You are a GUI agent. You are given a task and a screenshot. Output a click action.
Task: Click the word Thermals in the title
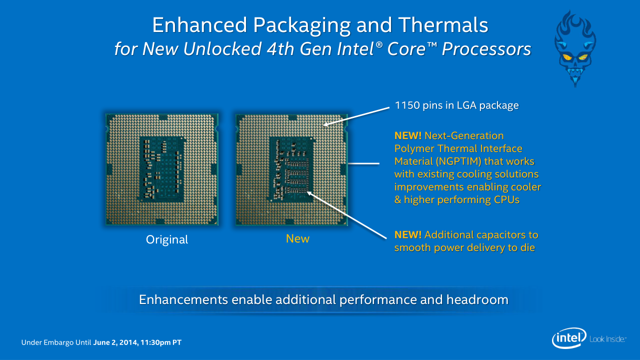[x=443, y=25]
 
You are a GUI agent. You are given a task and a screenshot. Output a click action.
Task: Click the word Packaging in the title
[x=301, y=25]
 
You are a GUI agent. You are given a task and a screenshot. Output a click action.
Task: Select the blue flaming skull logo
[x=575, y=48]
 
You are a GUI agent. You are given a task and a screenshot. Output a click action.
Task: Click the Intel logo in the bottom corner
[x=569, y=338]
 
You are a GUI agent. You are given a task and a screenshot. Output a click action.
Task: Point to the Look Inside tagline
[x=607, y=339]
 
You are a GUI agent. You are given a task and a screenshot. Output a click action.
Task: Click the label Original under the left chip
[x=167, y=239]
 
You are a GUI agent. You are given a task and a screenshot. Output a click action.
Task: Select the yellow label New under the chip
[x=297, y=238]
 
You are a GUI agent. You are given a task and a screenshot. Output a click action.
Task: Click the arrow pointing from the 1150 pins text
[x=356, y=116]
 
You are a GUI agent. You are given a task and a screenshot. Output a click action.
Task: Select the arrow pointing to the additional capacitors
[x=346, y=215]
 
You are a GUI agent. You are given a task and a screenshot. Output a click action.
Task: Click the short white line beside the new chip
[x=363, y=163]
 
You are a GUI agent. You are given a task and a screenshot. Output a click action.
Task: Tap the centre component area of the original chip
[x=161, y=169]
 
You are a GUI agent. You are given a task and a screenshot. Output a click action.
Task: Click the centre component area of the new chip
[x=291, y=169]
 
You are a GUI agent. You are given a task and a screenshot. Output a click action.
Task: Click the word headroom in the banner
[x=477, y=299]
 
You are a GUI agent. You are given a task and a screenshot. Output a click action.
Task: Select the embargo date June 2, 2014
[x=115, y=342]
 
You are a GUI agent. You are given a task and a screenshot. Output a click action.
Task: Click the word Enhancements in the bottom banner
[x=183, y=299]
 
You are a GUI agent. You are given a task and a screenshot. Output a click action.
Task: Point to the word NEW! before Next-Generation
[x=407, y=135]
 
